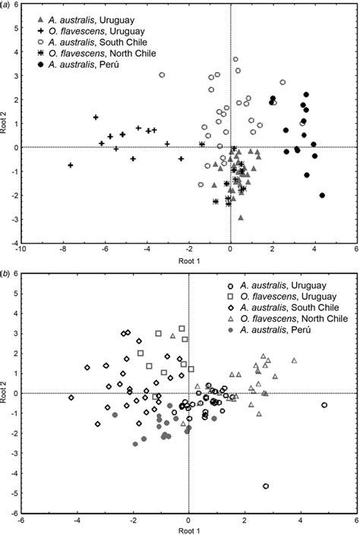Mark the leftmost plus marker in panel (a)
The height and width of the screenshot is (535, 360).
(71, 165)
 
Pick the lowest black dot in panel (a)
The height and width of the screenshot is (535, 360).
(322, 196)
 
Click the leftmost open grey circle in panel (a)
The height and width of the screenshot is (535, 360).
(162, 75)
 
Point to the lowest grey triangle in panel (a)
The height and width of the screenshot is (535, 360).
(241, 218)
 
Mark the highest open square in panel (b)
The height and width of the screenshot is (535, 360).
(182, 329)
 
